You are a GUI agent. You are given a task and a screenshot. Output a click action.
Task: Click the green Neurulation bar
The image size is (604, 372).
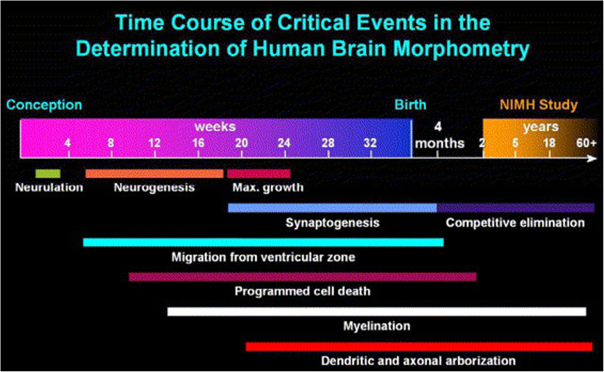pos(48,173)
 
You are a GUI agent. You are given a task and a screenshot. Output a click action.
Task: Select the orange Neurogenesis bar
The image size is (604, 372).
pos(155,173)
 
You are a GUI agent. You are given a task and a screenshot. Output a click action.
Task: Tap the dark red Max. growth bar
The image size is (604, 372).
pos(259,173)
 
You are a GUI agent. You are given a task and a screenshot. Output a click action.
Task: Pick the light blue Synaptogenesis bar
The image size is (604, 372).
pos(332,208)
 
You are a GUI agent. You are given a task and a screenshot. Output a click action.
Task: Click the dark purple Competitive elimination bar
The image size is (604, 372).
pos(515,208)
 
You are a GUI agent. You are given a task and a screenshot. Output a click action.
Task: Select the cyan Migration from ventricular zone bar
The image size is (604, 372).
pos(263,242)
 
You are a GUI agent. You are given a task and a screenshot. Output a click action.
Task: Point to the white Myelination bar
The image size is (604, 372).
pos(377,311)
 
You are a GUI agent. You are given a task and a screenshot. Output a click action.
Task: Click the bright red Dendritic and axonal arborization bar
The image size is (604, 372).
pos(419,346)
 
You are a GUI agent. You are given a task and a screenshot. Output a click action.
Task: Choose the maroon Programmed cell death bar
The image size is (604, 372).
pos(302,277)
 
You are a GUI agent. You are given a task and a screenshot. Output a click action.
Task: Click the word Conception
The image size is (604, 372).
pos(44,105)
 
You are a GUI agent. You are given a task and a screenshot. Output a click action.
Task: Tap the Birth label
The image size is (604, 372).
pos(410,105)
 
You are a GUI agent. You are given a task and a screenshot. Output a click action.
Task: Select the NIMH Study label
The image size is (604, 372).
pos(539,105)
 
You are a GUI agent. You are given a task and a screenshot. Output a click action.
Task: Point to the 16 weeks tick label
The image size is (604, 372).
pos(198,143)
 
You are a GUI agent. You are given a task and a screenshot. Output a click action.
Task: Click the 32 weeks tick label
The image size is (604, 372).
pos(370,143)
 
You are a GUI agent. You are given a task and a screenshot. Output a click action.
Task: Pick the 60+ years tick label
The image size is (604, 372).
pos(586,143)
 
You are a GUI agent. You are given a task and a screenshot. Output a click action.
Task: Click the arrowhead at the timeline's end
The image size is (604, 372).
pos(592,159)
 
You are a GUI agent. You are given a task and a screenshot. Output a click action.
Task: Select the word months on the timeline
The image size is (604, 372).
pos(440,143)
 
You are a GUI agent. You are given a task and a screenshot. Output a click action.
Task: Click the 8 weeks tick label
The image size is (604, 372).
pos(111,143)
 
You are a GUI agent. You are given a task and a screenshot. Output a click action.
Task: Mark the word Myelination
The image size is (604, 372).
pos(377,326)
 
